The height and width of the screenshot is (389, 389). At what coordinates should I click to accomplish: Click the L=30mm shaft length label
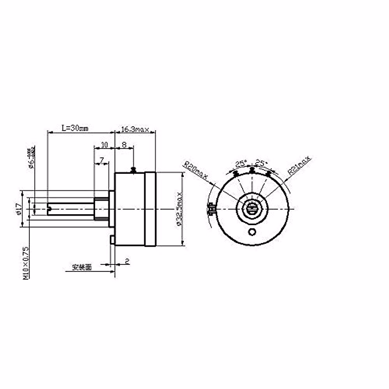pos(75,128)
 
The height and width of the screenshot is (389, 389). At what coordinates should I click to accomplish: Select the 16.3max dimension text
pos(135,130)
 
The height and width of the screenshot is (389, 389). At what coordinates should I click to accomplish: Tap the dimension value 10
pos(104,145)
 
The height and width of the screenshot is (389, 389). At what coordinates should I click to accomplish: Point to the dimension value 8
pos(124,145)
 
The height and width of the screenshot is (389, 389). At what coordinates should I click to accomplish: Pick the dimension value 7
pos(102,160)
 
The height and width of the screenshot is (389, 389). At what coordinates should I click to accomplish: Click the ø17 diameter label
pos(18,209)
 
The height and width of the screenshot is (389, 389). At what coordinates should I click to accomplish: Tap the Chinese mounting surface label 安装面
pos(82,267)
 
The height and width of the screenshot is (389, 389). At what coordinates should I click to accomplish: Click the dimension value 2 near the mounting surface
pos(127,261)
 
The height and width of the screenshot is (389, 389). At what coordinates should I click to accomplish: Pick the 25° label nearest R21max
pos(261,162)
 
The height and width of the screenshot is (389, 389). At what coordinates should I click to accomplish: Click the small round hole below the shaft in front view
pos(252,232)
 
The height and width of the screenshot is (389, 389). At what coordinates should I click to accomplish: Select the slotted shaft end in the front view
pos(252,208)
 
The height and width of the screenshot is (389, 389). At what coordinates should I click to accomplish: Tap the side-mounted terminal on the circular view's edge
pos(212,208)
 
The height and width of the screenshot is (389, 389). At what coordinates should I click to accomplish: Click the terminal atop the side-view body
pos(133,169)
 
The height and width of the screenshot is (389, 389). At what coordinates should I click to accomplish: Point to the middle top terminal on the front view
pos(252,170)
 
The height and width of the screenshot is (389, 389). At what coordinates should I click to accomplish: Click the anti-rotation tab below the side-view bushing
pos(112,240)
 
